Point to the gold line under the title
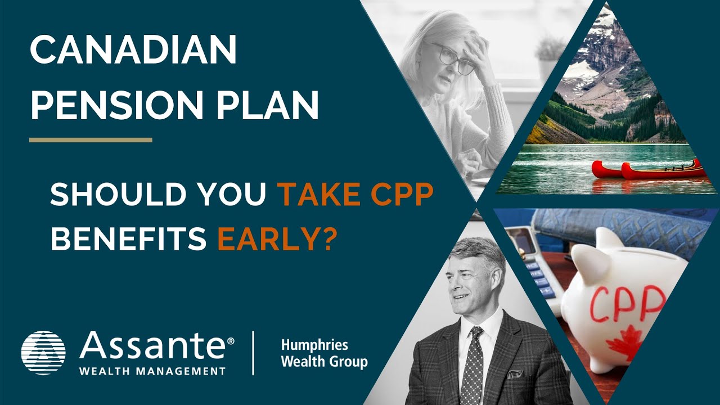[x=91, y=139]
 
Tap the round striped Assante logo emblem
[x=43, y=353]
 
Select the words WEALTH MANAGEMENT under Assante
[x=152, y=371]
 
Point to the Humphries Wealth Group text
[x=323, y=353]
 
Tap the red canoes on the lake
[x=647, y=169]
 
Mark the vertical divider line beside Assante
[x=254, y=353]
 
